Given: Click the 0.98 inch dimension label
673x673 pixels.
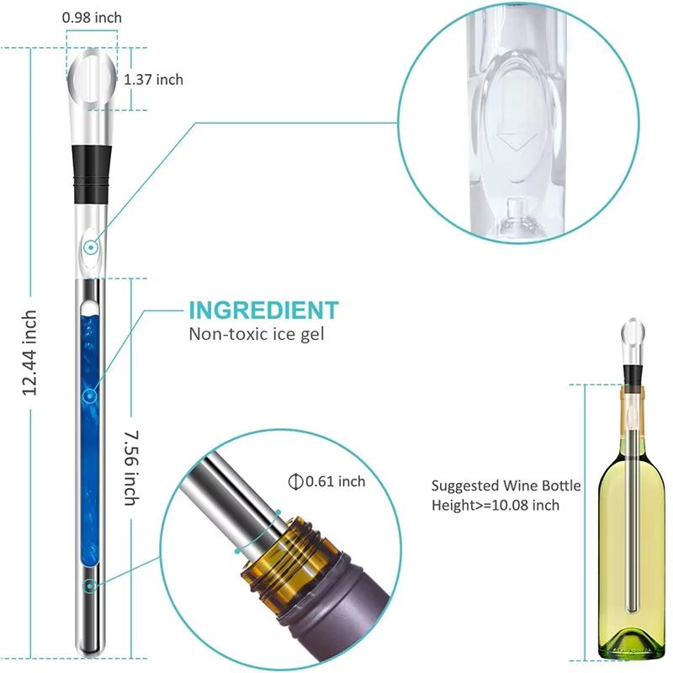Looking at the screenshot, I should point(92,17).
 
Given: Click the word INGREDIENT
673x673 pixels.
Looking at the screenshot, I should point(263,309).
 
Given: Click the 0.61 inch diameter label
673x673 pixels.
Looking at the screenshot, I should point(335,481).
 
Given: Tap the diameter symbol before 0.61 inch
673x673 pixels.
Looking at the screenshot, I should point(295,481).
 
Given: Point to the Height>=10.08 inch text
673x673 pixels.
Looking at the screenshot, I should point(495,505).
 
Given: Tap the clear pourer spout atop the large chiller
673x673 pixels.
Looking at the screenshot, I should point(89,80).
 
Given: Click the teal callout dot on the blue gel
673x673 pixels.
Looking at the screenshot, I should point(90,395).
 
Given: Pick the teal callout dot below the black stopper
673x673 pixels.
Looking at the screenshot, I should point(90,247).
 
